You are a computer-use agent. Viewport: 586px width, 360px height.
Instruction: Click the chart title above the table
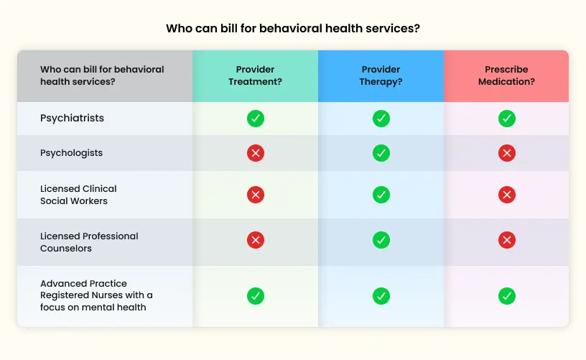pos(293,29)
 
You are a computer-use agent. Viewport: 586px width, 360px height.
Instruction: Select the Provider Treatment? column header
pos(255,75)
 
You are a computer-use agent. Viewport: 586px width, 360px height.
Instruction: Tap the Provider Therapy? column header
pos(381,75)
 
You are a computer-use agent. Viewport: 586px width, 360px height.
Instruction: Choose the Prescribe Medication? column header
pos(506,75)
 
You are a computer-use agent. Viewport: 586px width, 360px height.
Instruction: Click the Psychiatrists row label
pos(72,118)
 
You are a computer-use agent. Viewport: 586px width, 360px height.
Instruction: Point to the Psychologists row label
pos(71,153)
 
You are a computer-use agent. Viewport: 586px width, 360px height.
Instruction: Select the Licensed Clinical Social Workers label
pos(78,195)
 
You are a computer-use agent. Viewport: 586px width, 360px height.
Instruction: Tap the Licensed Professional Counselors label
pos(89,242)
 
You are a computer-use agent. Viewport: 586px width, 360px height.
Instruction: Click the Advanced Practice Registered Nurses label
pos(96,295)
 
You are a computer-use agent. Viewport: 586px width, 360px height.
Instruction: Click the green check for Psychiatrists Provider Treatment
pos(256,119)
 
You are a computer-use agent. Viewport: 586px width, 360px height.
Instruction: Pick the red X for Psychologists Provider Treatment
pos(256,153)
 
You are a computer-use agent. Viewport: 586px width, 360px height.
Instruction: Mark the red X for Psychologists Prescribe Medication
pos(507,153)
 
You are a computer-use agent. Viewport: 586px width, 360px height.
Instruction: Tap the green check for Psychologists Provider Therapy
pos(381,153)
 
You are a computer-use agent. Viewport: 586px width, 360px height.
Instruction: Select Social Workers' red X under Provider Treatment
pos(256,195)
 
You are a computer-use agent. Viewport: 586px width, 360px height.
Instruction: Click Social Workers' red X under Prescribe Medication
pos(507,195)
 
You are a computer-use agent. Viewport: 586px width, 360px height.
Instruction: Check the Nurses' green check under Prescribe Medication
pos(507,295)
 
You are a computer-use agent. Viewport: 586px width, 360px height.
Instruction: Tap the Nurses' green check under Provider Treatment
pos(256,295)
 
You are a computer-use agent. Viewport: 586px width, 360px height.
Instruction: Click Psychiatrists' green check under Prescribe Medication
pos(507,119)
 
